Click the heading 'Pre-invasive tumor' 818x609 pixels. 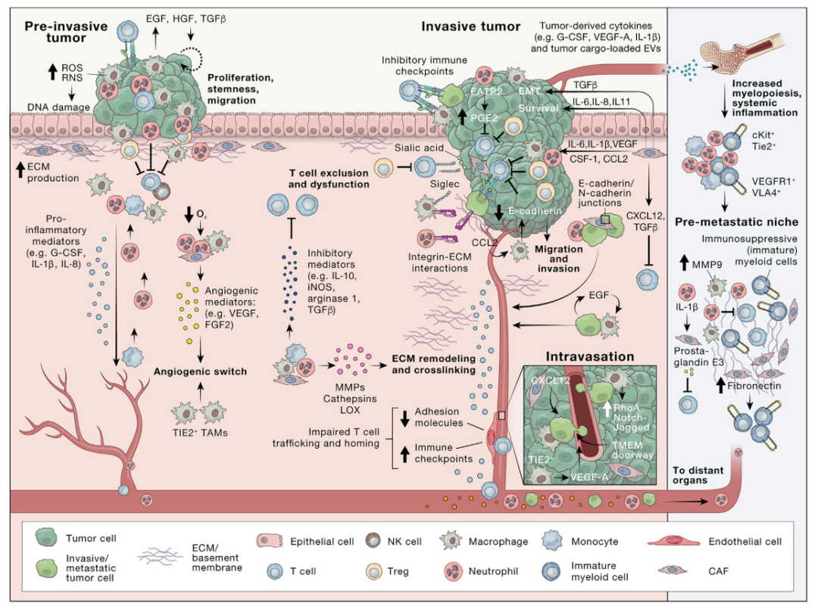[66, 32]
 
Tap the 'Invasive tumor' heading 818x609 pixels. [470, 26]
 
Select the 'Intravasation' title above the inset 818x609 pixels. [590, 357]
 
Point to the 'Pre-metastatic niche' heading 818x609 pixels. [737, 222]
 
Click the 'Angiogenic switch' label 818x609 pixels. [200, 371]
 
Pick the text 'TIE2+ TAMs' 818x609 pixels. [200, 433]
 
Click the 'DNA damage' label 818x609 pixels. [58, 107]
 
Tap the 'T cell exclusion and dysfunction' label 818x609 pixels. [329, 179]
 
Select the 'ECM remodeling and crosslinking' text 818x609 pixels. [433, 364]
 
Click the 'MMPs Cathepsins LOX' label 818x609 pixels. [350, 399]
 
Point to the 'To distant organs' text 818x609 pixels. [698, 475]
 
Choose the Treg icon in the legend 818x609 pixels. [374, 571]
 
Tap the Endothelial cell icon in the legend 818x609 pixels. [673, 542]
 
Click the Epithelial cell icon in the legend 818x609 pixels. [270, 541]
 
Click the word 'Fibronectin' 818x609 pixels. [754, 386]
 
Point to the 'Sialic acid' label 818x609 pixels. [419, 148]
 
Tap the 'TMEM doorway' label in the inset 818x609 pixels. [632, 449]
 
